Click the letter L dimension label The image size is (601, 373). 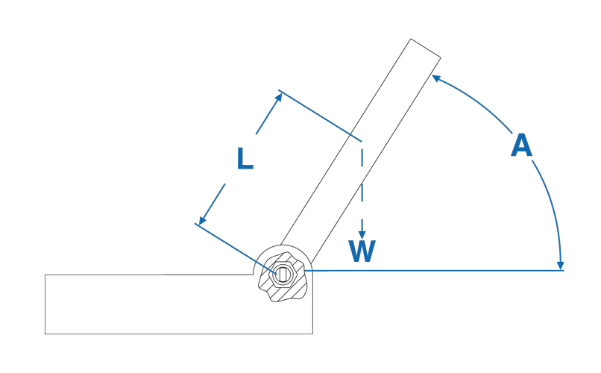pos(245,158)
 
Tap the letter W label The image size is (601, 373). pos(362,251)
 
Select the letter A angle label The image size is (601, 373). pos(522,145)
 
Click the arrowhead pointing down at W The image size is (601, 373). pos(362,234)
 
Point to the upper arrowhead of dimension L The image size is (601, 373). pos(279,96)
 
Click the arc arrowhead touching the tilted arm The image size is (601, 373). pos(435,78)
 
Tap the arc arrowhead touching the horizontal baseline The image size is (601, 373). pos(561,266)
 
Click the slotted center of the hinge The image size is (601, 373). pos(283,274)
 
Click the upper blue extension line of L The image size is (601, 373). pos(320,116)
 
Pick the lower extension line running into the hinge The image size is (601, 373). pos(236,249)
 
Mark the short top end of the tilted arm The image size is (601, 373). pos(426,48)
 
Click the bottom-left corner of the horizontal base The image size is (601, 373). pos(45,334)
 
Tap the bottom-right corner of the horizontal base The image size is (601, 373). pos(312,334)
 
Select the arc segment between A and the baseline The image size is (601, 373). pos(552,210)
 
